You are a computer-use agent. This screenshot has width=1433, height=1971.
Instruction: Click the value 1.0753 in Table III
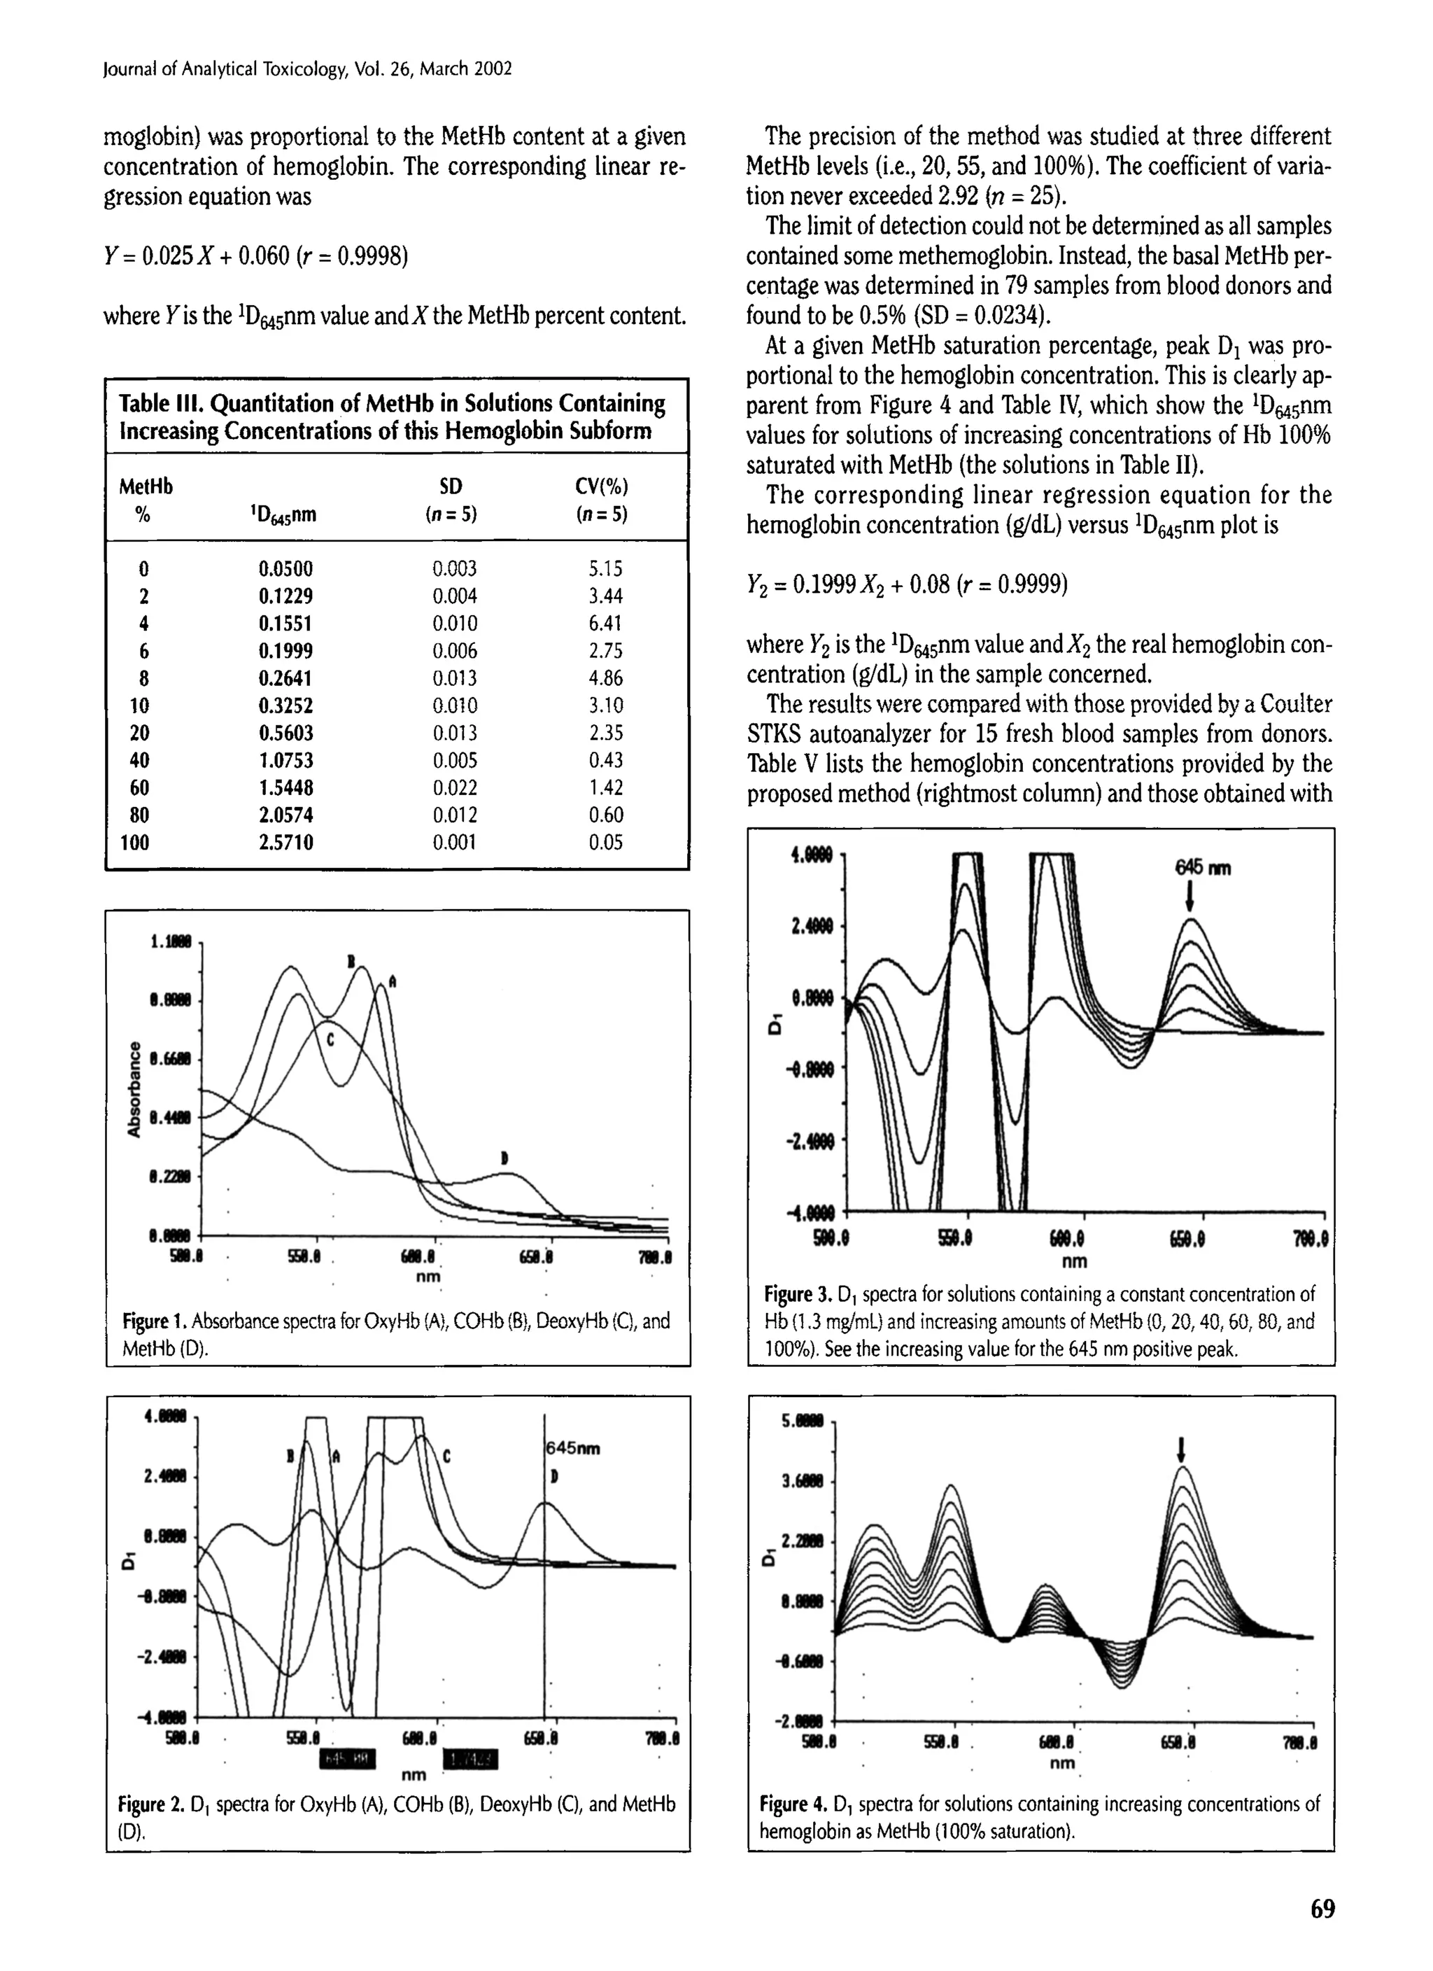click(x=286, y=760)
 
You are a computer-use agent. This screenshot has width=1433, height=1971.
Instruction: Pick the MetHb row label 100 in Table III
click(x=135, y=842)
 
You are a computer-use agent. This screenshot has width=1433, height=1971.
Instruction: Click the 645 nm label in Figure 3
click(x=1203, y=868)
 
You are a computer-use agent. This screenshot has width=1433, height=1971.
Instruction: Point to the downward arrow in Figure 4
click(x=1181, y=1450)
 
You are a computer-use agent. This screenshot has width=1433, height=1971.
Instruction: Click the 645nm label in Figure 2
click(x=572, y=1449)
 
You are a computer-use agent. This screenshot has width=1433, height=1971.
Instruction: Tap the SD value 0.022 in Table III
click(x=455, y=787)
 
